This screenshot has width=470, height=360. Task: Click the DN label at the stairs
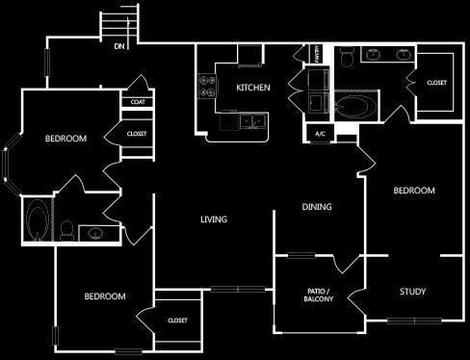coord(119,46)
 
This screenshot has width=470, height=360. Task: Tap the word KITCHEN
coord(252,88)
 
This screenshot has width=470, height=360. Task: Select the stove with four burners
coord(206,88)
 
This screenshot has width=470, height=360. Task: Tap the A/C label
coord(319,134)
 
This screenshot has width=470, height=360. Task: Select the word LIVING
coord(213,219)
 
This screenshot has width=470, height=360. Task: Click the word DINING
coord(317,207)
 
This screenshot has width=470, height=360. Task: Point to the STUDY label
coord(412,292)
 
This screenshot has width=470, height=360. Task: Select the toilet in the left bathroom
coord(65,229)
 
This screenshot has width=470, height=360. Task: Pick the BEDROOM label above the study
coord(414,191)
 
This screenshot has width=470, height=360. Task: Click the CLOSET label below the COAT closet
coord(136,134)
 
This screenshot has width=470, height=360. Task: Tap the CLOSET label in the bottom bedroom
coord(177,321)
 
